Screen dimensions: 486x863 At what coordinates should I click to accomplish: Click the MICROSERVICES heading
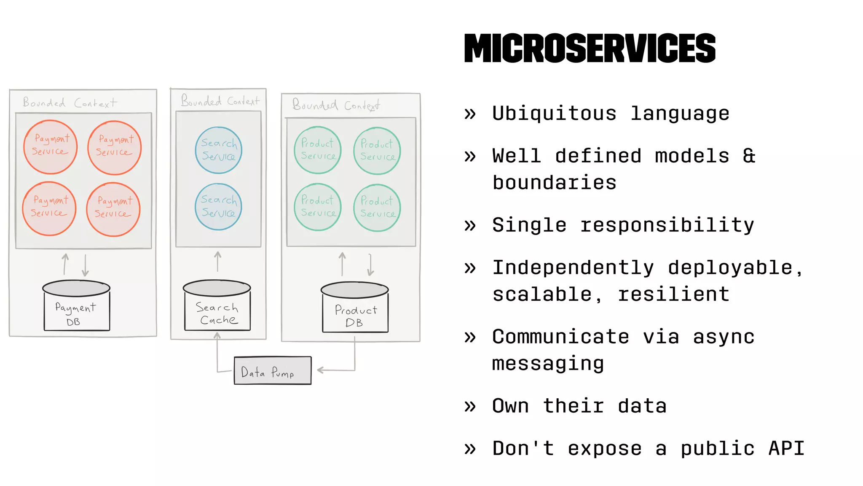pyautogui.click(x=590, y=49)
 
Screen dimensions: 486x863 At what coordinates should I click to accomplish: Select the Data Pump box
pyautogui.click(x=273, y=371)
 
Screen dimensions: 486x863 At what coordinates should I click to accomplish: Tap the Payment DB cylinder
pyautogui.click(x=76, y=306)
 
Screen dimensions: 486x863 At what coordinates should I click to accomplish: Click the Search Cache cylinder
pyautogui.click(x=217, y=306)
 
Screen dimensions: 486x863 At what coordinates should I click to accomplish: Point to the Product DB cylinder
pyautogui.click(x=355, y=308)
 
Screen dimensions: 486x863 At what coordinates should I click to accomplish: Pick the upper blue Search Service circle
pyautogui.click(x=218, y=150)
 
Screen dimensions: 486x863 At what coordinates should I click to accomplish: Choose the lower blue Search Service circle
pyautogui.click(x=218, y=207)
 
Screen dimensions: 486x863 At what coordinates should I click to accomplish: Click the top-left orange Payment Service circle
pyautogui.click(x=50, y=147)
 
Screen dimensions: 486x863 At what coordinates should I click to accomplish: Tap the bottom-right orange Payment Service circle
pyautogui.click(x=113, y=209)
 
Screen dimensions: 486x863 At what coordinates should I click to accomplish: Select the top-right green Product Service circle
pyautogui.click(x=377, y=151)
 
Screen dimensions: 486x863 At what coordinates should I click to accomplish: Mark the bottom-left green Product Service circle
pyautogui.click(x=318, y=207)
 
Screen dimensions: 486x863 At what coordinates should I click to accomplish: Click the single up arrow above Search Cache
pyautogui.click(x=217, y=262)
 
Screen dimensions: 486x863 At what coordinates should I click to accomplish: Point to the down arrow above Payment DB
pyautogui.click(x=85, y=265)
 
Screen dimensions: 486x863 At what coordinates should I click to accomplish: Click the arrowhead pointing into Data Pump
pyautogui.click(x=320, y=370)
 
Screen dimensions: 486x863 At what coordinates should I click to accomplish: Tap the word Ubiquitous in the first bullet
pyautogui.click(x=554, y=113)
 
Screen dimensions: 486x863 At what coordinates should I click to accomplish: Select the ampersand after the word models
pyautogui.click(x=749, y=156)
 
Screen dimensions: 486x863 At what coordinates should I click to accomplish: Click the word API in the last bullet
pyautogui.click(x=786, y=448)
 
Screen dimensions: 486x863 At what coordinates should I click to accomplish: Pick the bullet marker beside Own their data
pyautogui.click(x=470, y=406)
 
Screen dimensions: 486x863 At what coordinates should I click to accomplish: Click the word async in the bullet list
pyautogui.click(x=724, y=337)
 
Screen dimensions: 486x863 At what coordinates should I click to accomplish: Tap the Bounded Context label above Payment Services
pyautogui.click(x=70, y=103)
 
